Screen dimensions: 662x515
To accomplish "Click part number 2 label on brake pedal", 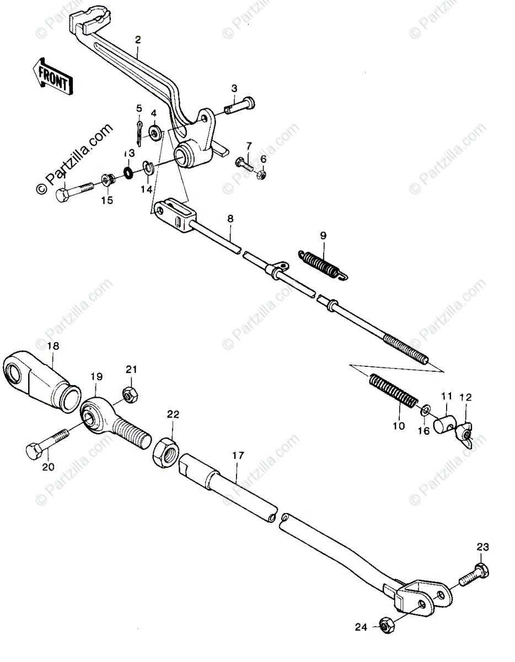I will (137, 40).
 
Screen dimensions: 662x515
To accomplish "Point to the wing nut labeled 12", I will (464, 437).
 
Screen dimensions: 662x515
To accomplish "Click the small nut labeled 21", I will (130, 394).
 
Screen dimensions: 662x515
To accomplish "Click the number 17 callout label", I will (238, 456).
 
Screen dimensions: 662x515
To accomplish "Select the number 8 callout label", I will (230, 218).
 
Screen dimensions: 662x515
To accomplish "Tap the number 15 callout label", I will (107, 200).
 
